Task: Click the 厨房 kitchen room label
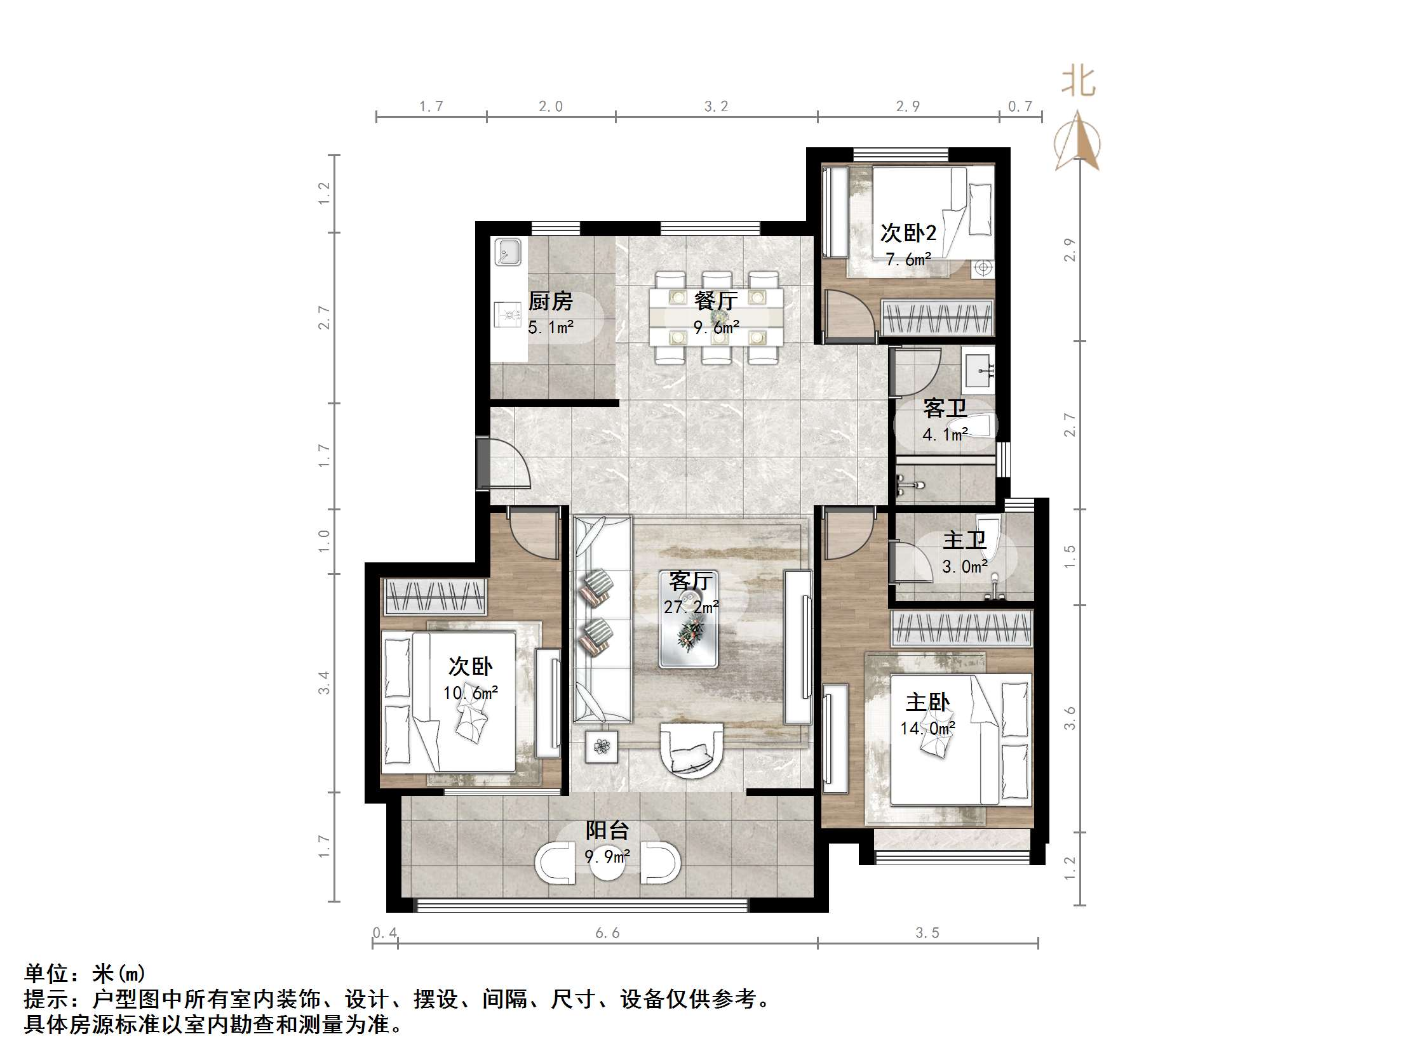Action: tap(550, 301)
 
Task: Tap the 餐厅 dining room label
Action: tap(715, 300)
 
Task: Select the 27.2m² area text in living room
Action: tap(691, 607)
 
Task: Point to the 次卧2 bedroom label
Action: tap(908, 233)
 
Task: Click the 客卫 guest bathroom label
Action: tap(944, 408)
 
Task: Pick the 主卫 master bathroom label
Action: tap(964, 541)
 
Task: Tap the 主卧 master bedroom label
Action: tap(927, 703)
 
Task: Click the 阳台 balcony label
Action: tap(607, 831)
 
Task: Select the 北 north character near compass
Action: tap(1079, 83)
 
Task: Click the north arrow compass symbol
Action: tap(1078, 143)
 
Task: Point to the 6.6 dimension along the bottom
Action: tap(607, 933)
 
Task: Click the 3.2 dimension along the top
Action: tap(716, 107)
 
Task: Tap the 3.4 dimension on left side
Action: tap(324, 682)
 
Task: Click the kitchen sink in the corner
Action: tap(508, 253)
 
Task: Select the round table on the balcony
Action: tap(607, 863)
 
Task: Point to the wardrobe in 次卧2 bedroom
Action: tap(937, 317)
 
